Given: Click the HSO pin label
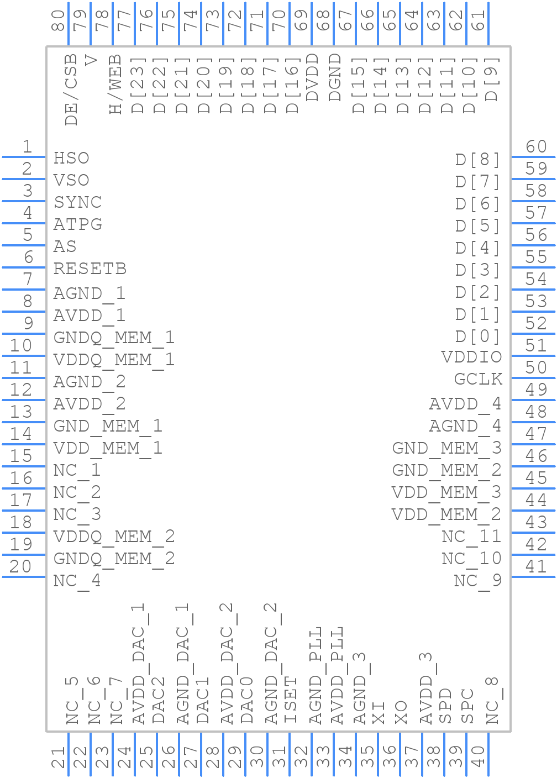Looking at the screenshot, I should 71,158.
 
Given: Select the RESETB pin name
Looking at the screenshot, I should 90,269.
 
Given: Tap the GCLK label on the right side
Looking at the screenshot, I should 478,379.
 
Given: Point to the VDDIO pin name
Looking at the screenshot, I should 471,357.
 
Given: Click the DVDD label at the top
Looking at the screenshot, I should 312,77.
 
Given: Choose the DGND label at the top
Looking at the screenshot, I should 335,77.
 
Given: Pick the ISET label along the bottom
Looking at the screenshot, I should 291,700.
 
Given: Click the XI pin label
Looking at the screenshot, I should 379,713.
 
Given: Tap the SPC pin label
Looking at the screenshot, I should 467,706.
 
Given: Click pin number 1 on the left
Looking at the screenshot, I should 27,147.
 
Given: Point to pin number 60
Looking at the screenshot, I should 536,147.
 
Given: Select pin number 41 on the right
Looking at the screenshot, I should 536,567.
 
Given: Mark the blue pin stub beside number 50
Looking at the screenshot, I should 533,378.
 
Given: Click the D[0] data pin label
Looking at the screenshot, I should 477,336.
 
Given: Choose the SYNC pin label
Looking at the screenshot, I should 77,202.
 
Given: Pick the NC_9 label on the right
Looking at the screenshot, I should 477,581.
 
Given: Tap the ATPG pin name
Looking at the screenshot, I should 77,224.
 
